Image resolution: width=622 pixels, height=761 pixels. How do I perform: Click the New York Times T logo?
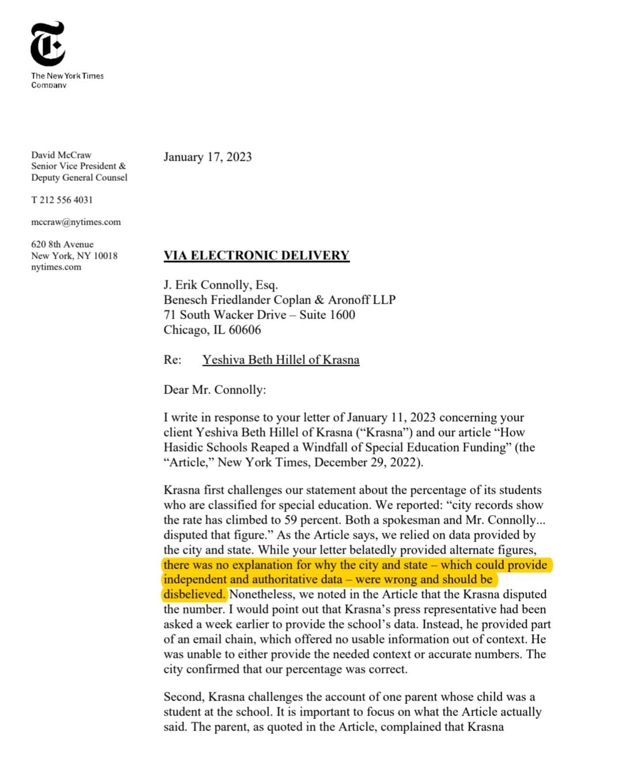tap(48, 44)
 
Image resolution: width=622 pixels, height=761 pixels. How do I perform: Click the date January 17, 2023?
tap(207, 157)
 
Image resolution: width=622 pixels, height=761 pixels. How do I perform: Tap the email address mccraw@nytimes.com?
tap(76, 222)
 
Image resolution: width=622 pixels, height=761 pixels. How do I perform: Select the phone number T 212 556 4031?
tap(62, 200)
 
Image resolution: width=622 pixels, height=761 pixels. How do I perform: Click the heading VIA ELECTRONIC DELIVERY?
tap(256, 255)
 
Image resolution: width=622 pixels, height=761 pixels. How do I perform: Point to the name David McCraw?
tap(61, 155)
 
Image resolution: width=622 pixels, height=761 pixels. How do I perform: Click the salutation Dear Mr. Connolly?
tap(215, 390)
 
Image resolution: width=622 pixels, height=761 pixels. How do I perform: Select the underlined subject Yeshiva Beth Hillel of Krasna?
tap(280, 360)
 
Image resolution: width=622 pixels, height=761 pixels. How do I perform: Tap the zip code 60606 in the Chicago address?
tap(245, 330)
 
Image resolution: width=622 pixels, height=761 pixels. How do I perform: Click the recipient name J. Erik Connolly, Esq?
tap(221, 285)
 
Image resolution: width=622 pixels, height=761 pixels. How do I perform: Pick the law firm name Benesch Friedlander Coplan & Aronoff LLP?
tap(279, 300)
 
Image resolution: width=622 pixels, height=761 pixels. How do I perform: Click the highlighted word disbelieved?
tap(194, 595)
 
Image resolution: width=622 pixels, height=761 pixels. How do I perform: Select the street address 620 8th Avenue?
tap(62, 244)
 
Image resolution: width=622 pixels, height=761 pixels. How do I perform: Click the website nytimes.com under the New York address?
tap(56, 267)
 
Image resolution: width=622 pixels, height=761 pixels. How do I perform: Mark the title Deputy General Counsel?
tap(79, 177)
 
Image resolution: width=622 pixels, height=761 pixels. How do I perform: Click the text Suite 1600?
tap(327, 315)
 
